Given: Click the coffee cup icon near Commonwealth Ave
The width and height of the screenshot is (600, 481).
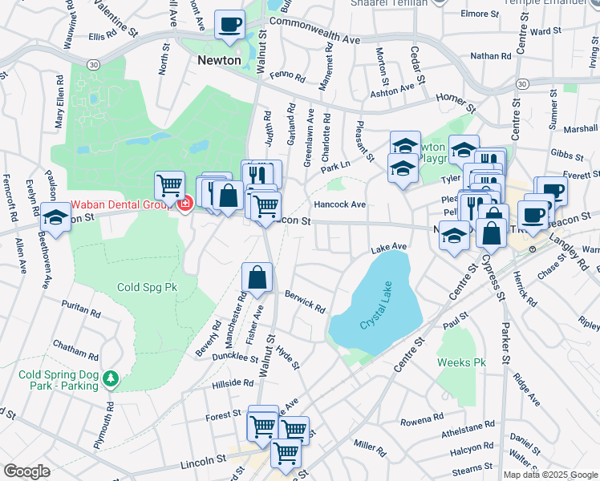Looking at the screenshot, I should (x=230, y=25).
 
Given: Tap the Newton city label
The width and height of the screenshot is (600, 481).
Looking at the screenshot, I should (x=220, y=60).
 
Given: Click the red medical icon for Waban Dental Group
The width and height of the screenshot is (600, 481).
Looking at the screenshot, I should (x=185, y=204).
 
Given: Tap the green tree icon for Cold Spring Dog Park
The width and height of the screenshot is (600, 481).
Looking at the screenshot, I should (x=114, y=378).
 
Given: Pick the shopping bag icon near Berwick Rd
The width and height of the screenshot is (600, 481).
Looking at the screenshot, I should (x=257, y=279).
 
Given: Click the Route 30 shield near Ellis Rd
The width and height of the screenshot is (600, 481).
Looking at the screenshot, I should (x=72, y=64).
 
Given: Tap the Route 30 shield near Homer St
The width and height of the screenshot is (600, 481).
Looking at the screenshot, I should (x=522, y=83).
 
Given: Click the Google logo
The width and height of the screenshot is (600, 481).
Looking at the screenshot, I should (x=26, y=471).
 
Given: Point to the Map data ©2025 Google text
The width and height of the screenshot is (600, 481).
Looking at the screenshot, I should (x=550, y=474).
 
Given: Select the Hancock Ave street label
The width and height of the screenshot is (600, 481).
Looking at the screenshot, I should (x=339, y=204).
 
